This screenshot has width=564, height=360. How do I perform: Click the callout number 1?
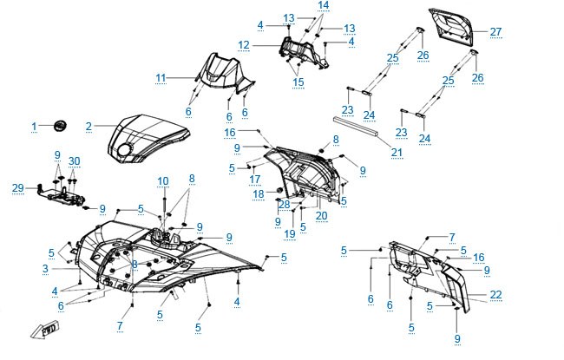(34, 127)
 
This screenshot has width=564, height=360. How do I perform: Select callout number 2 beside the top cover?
(89, 127)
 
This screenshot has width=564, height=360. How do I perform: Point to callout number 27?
(495, 31)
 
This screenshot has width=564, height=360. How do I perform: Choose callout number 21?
(397, 153)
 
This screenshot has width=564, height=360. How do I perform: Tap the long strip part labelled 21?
(356, 126)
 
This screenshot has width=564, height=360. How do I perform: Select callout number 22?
(495, 295)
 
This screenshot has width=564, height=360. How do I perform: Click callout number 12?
(244, 45)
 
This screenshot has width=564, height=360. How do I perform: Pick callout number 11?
(161, 78)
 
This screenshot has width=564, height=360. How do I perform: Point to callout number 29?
(18, 187)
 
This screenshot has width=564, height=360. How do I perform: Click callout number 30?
(74, 161)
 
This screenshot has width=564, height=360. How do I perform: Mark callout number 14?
(324, 5)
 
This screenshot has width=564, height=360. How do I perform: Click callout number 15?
(298, 82)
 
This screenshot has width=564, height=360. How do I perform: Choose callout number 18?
(259, 194)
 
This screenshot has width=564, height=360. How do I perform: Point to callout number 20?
(321, 216)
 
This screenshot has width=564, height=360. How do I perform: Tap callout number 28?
(284, 205)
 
